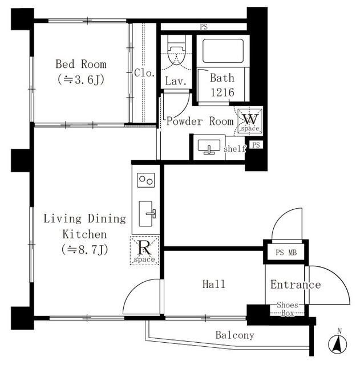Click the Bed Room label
(81, 64)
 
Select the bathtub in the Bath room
(223, 51)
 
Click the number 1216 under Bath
(223, 92)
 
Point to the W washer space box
(250, 121)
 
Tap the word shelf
(234, 148)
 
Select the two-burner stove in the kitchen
(146, 180)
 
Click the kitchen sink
(147, 214)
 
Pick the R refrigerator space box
(144, 250)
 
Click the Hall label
(214, 284)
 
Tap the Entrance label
(296, 285)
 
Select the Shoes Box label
(288, 309)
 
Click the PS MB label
(286, 252)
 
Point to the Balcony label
(234, 335)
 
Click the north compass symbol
(338, 342)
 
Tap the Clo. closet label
(144, 73)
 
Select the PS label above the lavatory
(204, 27)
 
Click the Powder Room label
(200, 121)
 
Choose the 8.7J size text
(85, 250)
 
